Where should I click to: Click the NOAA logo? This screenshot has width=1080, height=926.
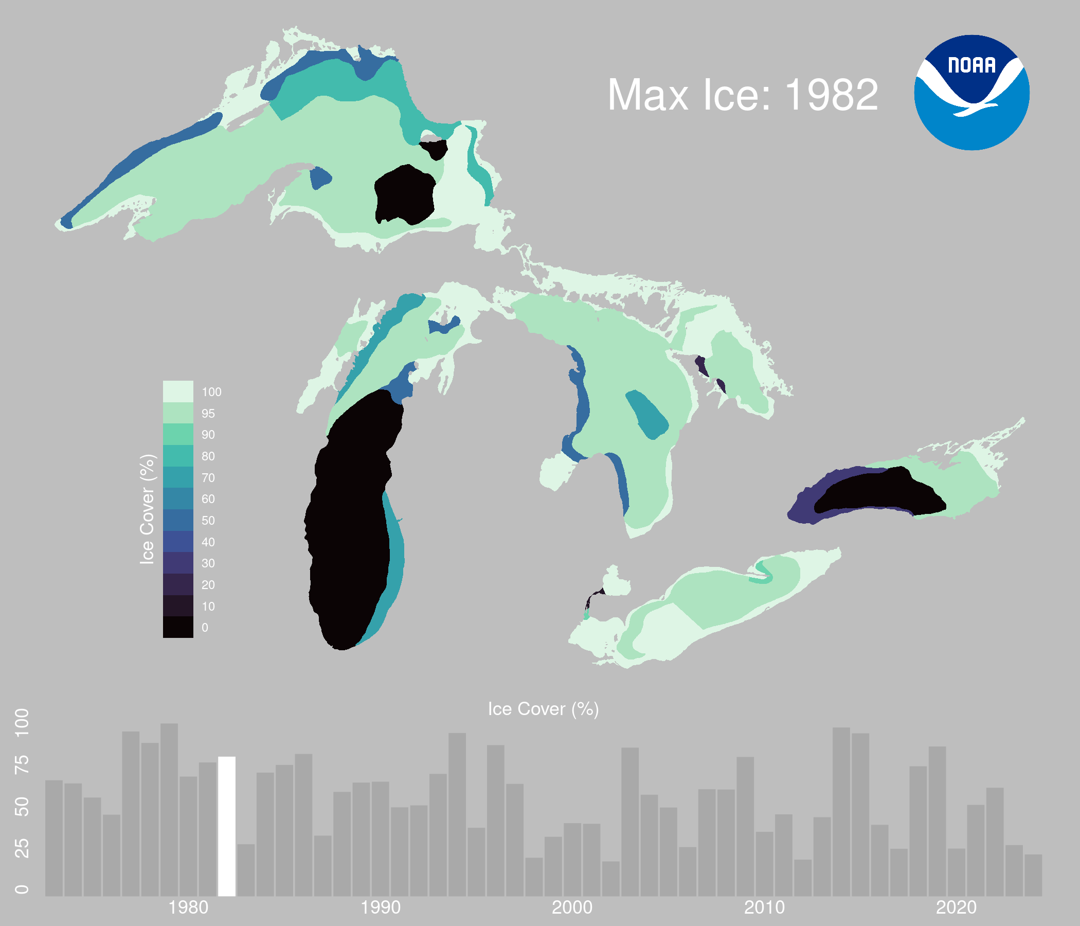pos(971,93)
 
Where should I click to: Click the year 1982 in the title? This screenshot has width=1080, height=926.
pos(832,95)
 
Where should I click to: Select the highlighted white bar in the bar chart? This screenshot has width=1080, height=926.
pos(227,826)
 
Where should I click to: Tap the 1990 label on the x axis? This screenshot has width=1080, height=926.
pos(381,908)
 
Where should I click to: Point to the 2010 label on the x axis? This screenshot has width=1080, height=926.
pos(764,908)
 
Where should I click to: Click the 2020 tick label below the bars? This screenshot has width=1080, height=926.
pos(956,908)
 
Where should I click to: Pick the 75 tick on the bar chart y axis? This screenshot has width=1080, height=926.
pos(22,765)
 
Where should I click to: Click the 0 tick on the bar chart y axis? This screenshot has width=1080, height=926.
pos(22,889)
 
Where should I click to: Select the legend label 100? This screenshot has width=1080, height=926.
pos(211,392)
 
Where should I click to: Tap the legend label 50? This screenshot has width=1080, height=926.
pos(208,520)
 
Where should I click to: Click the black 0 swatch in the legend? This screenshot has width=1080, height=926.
pos(178,627)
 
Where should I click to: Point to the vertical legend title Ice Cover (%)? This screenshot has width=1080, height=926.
pos(148,509)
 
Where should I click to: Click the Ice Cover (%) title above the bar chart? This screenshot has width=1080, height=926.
pos(543,709)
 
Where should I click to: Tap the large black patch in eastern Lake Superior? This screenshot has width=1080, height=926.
pos(406,194)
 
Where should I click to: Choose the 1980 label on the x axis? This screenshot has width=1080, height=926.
pos(189,908)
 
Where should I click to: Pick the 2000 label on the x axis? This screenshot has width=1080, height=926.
pos(572,908)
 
